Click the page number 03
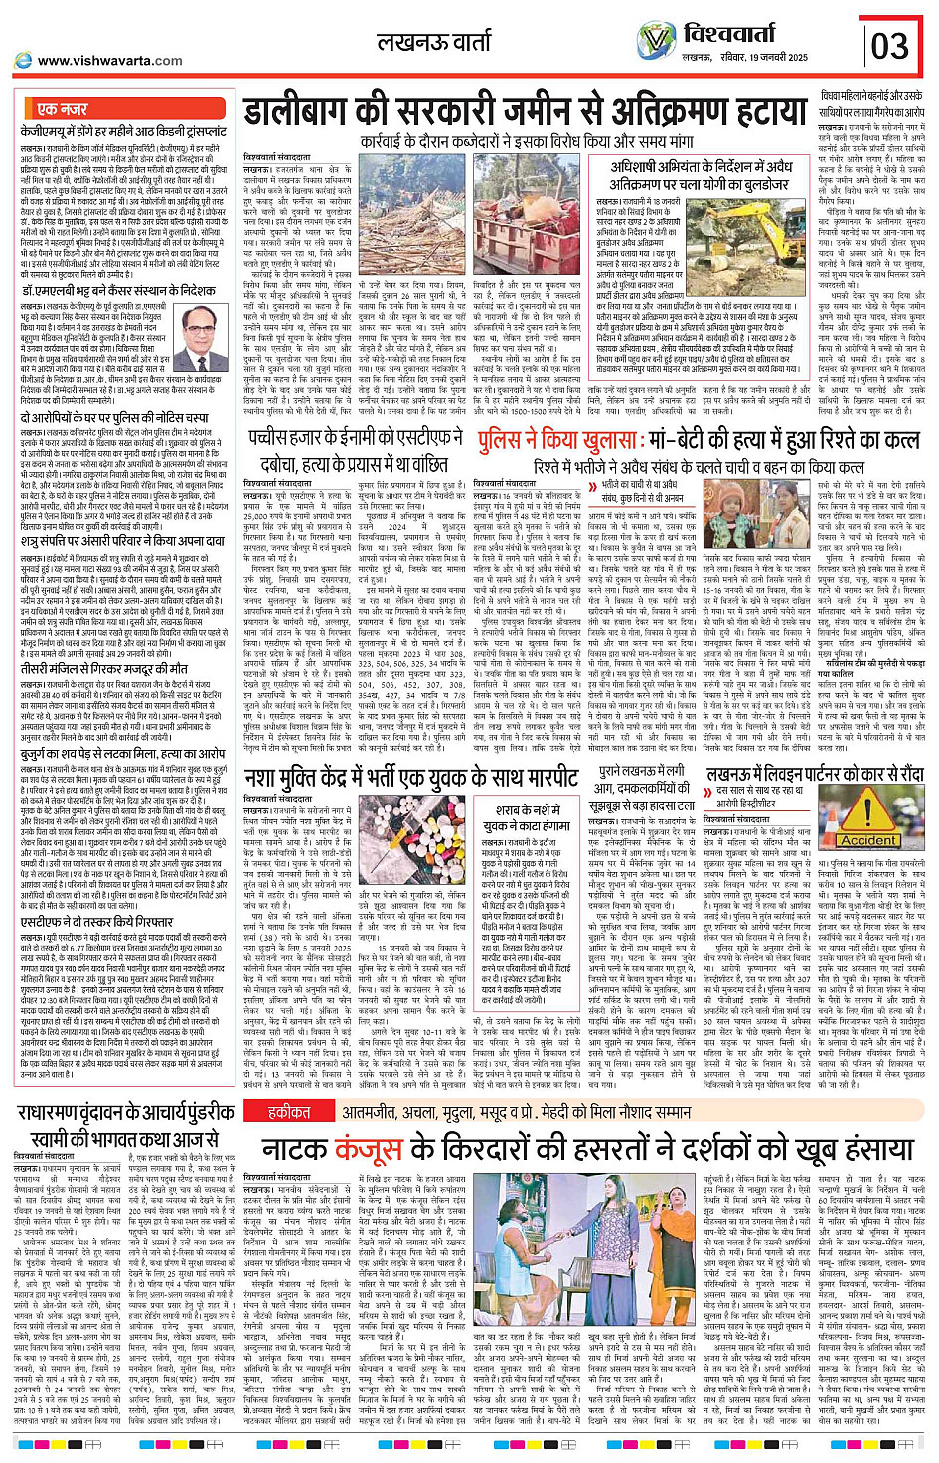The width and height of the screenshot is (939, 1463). click(x=889, y=46)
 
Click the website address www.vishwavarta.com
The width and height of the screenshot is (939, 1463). click(x=109, y=60)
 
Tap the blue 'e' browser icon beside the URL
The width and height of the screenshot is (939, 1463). click(x=22, y=60)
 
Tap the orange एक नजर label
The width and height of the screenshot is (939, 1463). click(x=62, y=108)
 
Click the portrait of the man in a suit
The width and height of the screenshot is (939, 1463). click(x=204, y=339)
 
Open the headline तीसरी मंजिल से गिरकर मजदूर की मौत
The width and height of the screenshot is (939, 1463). click(x=117, y=642)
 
